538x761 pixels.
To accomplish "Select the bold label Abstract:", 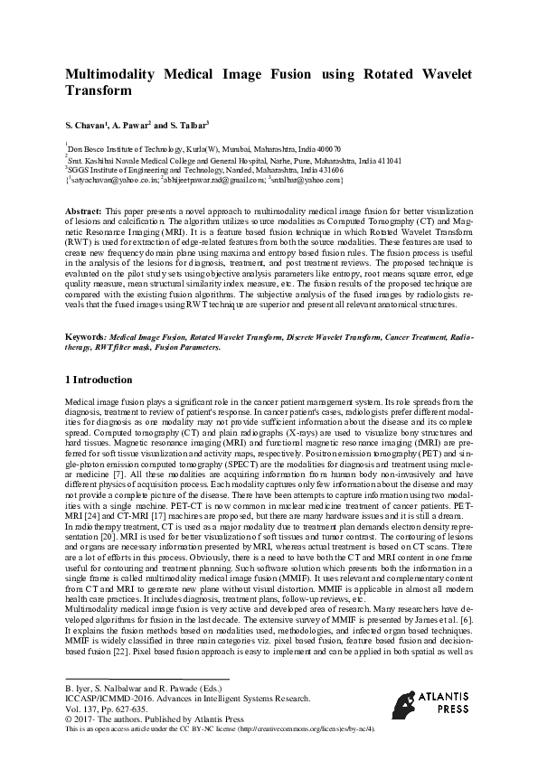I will click(x=84, y=209).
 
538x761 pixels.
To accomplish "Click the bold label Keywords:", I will click(x=87, y=334).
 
